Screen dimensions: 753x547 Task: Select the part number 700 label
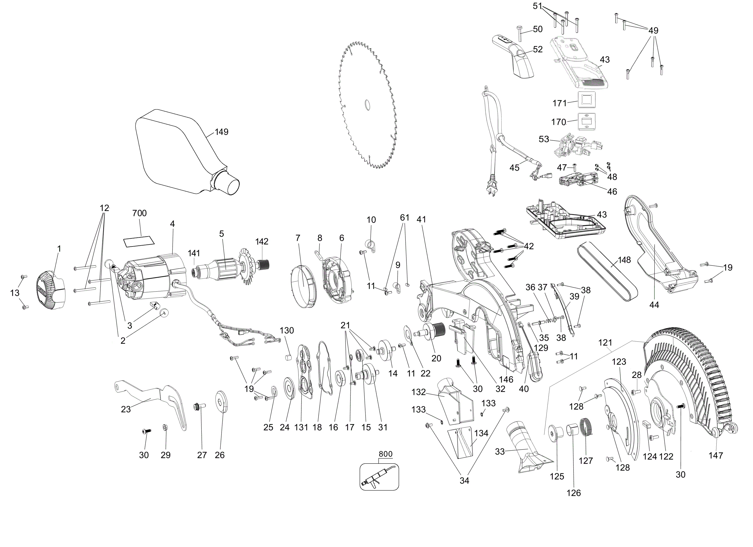tap(140, 213)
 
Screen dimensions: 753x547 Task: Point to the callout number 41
tap(421, 220)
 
